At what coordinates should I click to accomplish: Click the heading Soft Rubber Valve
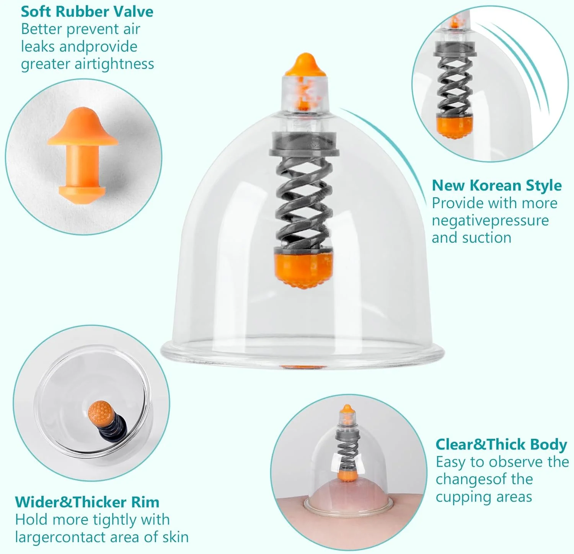tap(87, 11)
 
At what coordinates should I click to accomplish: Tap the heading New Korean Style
tap(497, 185)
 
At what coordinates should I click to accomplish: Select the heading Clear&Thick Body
tap(501, 445)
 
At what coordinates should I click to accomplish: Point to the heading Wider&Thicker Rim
tap(87, 502)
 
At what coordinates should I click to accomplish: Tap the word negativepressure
tap(490, 221)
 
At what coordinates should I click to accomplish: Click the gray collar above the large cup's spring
tap(304, 144)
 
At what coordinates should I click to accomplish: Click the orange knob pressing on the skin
tap(347, 476)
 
